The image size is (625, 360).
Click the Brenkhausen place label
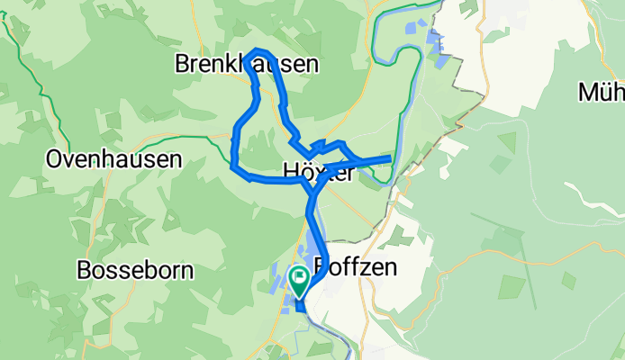tap(246, 65)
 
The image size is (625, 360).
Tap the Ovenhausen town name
tap(113, 160)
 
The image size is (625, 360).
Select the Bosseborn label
tap(139, 269)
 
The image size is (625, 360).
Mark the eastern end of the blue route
tap(389, 159)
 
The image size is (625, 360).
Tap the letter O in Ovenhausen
tap(54, 160)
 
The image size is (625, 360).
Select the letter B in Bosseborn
tap(85, 269)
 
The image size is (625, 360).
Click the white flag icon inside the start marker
tap(298, 275)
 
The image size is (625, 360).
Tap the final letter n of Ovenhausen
tap(176, 160)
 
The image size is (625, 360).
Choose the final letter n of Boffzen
tap(391, 269)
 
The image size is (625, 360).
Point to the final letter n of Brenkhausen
tap(312, 65)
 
